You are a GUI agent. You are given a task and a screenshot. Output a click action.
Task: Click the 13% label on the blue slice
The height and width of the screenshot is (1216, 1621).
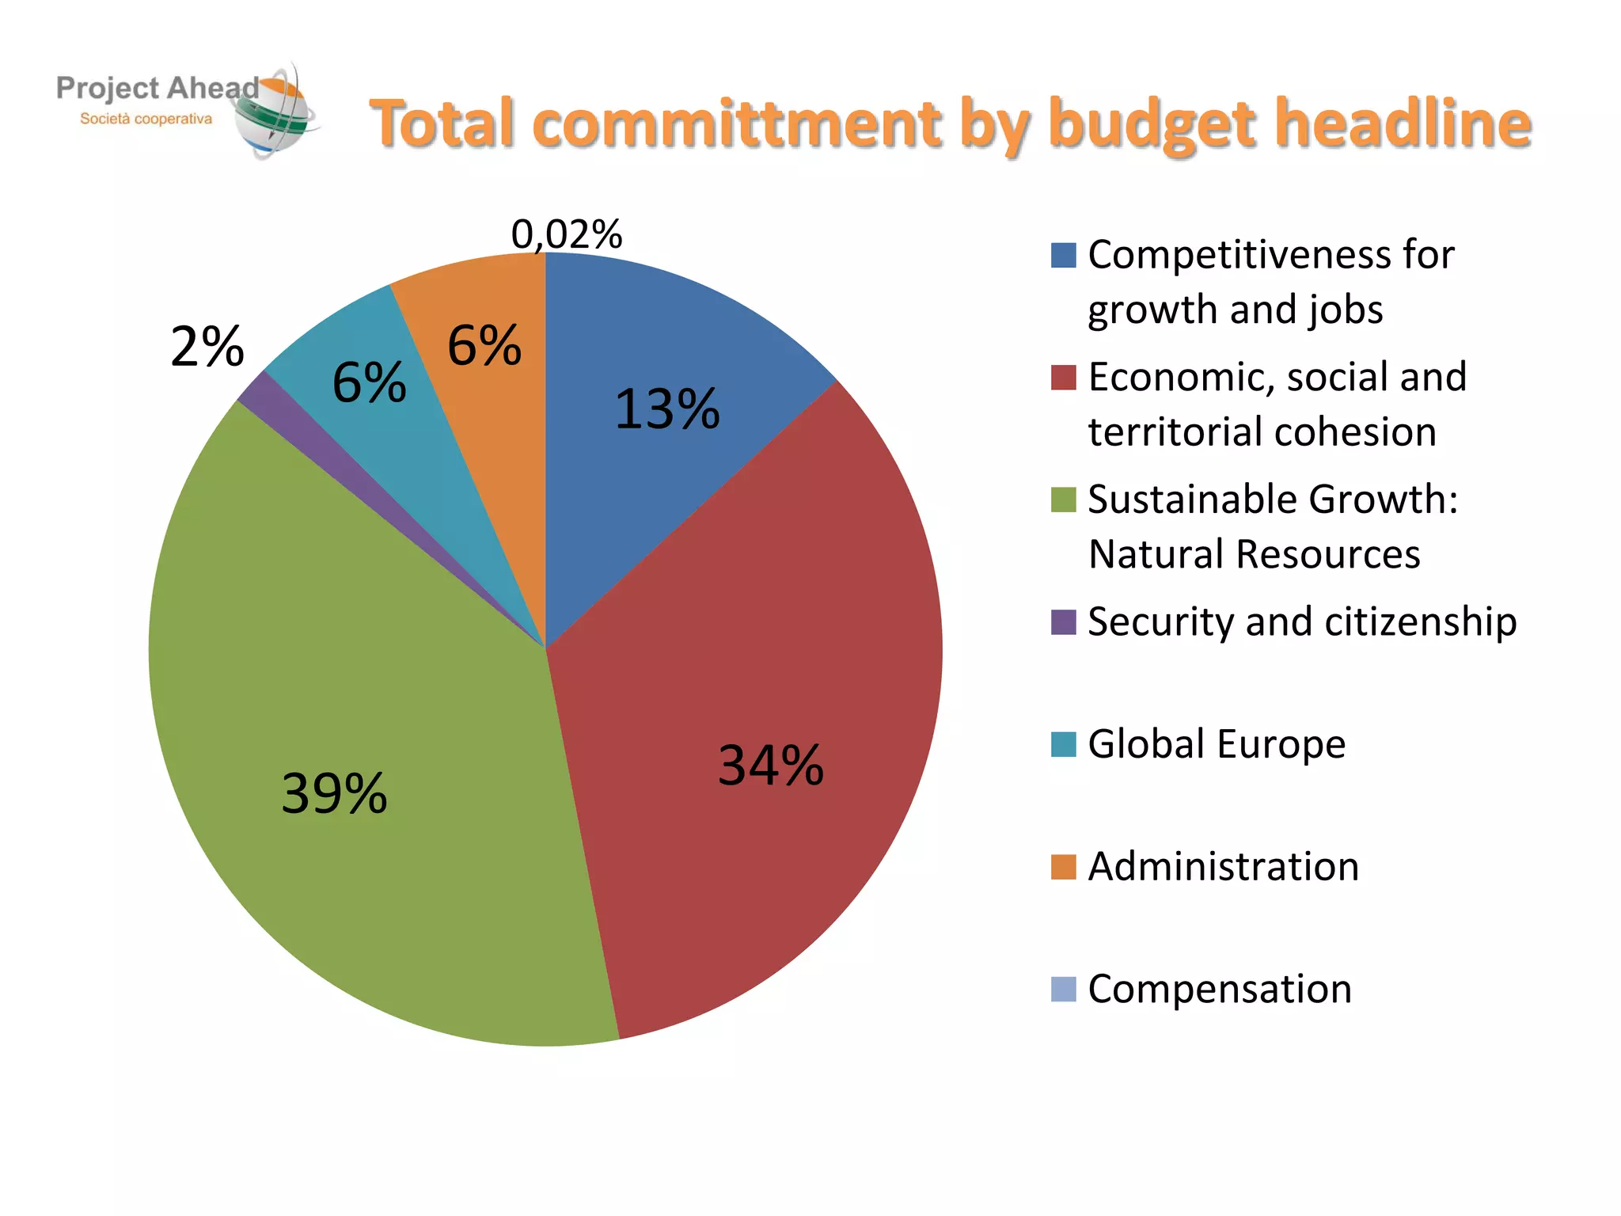tap(666, 409)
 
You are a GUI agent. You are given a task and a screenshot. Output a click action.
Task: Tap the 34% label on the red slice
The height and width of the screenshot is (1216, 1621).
tap(770, 766)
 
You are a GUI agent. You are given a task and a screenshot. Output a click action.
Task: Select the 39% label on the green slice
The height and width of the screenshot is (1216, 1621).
tap(334, 793)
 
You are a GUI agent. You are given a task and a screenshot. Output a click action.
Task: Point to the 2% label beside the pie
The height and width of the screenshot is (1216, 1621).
tap(207, 347)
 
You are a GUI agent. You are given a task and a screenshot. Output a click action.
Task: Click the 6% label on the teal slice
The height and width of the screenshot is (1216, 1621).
tap(369, 382)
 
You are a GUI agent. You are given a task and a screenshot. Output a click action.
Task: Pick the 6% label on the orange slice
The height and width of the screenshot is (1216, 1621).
tap(484, 346)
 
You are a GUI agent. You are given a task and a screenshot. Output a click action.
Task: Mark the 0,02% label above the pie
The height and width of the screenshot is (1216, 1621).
tap(567, 234)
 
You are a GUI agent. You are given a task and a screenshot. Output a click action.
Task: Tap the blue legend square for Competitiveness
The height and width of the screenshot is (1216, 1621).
tap(1063, 256)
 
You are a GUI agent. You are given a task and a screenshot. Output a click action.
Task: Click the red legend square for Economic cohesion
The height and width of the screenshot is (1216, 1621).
tap(1063, 378)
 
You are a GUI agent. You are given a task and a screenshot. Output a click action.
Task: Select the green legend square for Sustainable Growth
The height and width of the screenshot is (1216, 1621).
tap(1063, 500)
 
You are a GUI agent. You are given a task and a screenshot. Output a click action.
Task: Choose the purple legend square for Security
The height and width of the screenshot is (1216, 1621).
tap(1063, 622)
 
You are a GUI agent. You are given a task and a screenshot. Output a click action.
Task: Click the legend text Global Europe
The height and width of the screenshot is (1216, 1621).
tap(1217, 744)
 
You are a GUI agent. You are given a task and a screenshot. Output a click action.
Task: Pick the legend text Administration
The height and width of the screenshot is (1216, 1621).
tap(1224, 866)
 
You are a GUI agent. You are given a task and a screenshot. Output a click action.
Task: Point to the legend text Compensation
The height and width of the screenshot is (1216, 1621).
tap(1220, 989)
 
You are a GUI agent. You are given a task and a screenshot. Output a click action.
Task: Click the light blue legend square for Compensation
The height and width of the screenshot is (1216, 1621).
tap(1063, 990)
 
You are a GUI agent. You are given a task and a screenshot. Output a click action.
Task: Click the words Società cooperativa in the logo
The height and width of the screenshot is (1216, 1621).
tap(146, 120)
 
